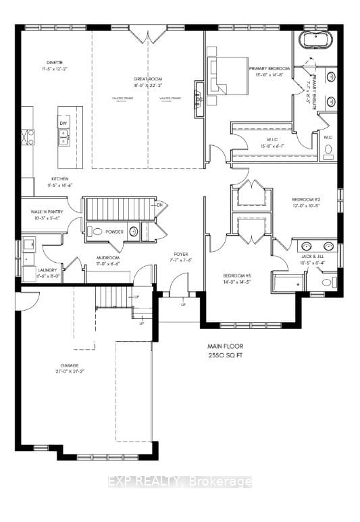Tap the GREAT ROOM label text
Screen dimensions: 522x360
[x=147, y=80]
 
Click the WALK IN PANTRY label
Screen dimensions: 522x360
[x=45, y=211]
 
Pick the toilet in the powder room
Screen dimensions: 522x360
[x=96, y=232]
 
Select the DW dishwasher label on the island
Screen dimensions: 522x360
[x=63, y=124]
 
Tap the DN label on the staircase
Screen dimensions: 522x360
[x=159, y=205]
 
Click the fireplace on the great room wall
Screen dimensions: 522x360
[x=199, y=99]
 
